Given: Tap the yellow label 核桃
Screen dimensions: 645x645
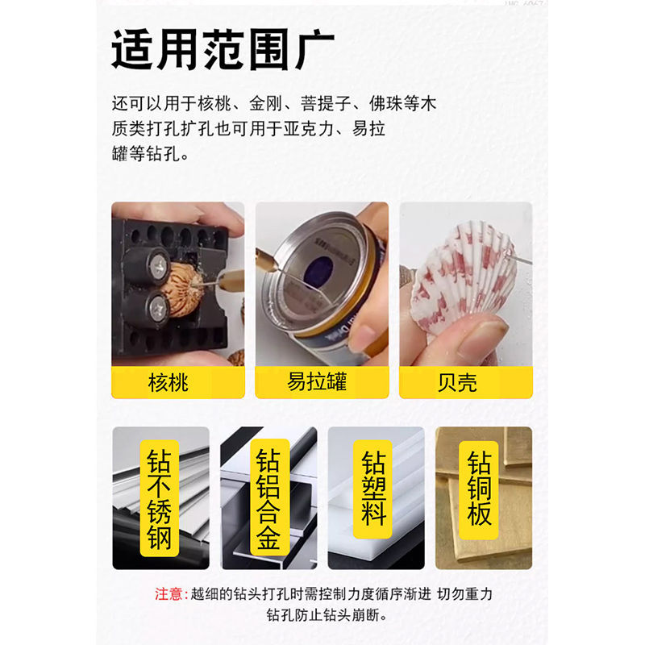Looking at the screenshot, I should coord(169,381).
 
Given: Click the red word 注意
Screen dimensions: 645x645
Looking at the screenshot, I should coord(170,594).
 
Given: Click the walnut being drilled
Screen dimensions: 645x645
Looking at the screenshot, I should coord(188,286).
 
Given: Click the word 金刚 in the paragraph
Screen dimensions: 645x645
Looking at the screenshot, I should coord(261,104).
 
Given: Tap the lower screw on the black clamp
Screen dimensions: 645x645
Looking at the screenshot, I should coord(155,307).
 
